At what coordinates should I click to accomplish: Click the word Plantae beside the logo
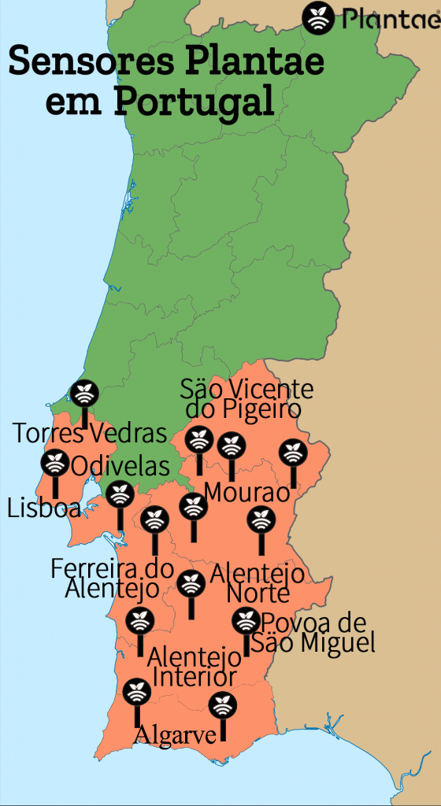[x=391, y=20]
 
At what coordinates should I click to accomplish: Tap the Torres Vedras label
[x=91, y=432]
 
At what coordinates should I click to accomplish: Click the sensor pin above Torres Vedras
[x=83, y=393]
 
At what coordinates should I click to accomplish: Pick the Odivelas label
[x=120, y=466]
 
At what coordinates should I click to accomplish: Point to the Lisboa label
[x=43, y=508]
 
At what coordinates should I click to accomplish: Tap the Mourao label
[x=247, y=494]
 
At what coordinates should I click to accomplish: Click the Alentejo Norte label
[x=257, y=583]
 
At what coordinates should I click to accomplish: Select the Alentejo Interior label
[x=195, y=666]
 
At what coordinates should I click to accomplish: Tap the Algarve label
[x=176, y=735]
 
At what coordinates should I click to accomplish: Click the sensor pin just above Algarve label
[x=137, y=693]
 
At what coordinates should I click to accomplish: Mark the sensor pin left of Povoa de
[x=246, y=620]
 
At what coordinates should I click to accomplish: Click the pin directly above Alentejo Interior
[x=191, y=584]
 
